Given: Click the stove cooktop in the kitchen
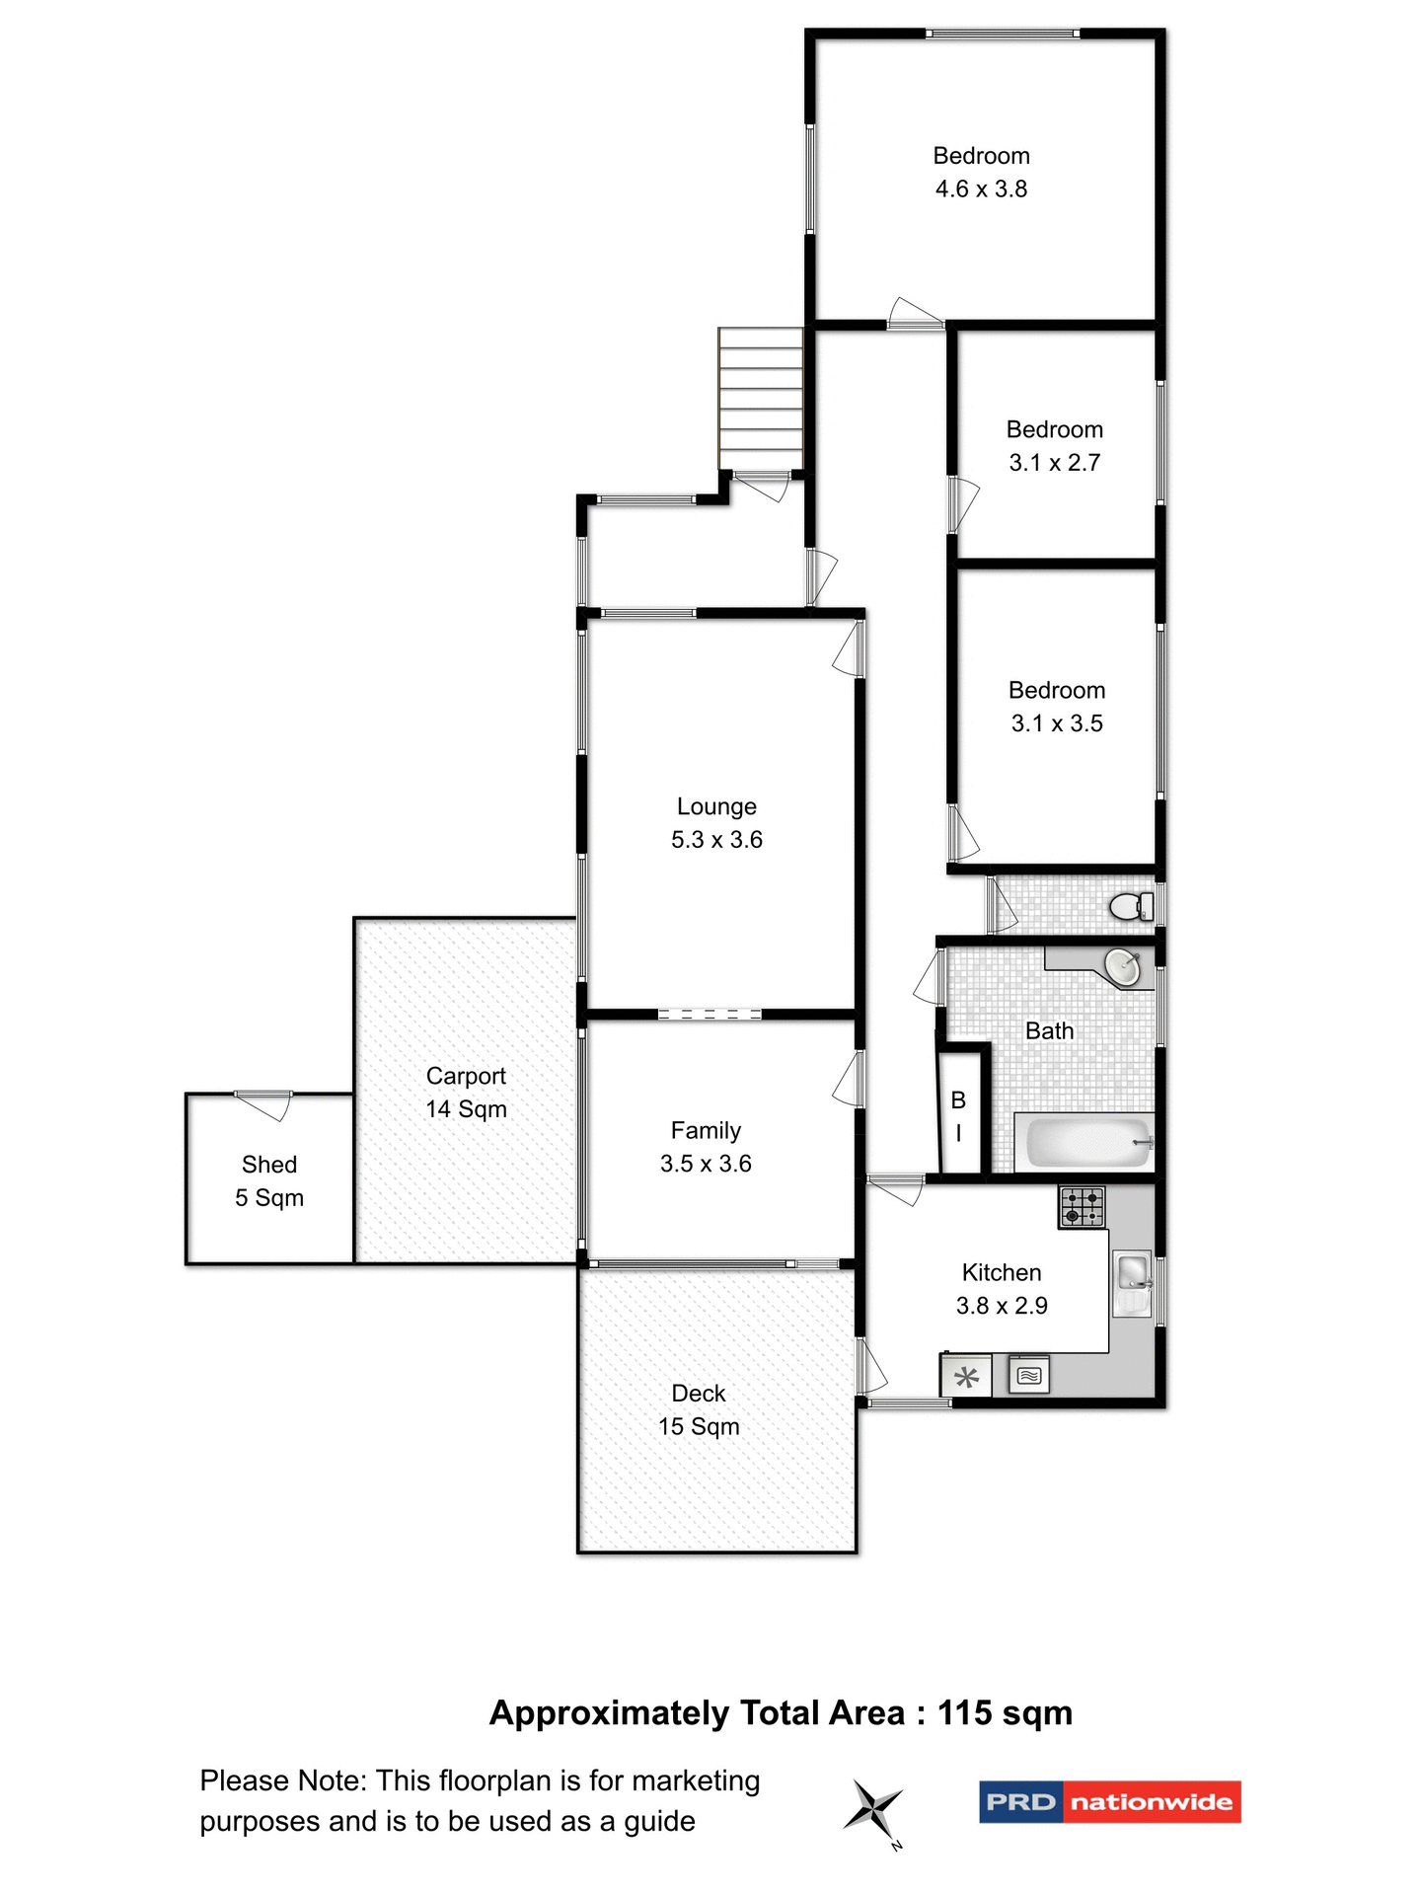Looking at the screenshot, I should coord(1082,1206).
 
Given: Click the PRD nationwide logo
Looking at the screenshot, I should coord(1109,1802).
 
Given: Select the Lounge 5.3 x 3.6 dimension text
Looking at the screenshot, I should coord(716,840).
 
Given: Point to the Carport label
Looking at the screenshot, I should coord(466,1076).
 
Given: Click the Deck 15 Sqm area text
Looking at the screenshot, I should coord(699,1426).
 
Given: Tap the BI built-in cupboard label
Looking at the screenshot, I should coord(958,1115).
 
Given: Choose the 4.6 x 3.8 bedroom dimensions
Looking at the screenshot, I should coord(981,189).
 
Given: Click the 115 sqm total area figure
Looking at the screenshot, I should coord(1004,1712).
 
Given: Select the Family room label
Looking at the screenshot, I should coord(706,1130).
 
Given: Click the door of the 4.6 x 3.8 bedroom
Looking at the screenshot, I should coord(915,314).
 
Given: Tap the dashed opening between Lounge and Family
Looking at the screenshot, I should coord(710,1014).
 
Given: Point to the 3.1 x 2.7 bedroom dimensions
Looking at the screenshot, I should coord(1054,463).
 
